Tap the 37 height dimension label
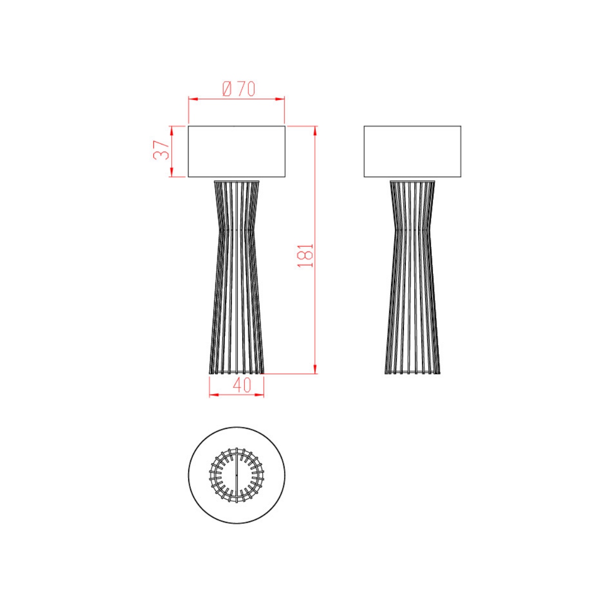pyautogui.click(x=161, y=150)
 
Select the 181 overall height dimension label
pyautogui.click(x=305, y=256)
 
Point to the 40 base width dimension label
pyautogui.click(x=242, y=385)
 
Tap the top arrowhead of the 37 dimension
pyautogui.click(x=171, y=131)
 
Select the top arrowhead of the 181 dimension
pyautogui.click(x=315, y=131)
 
